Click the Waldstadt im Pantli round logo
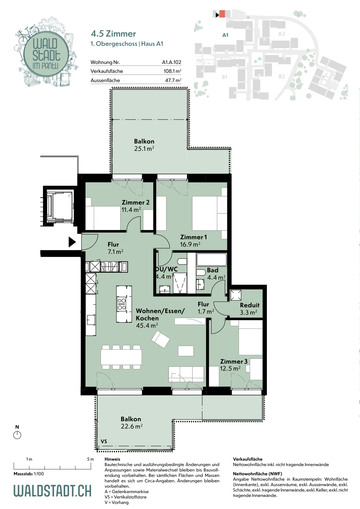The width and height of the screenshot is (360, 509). click(x=46, y=54)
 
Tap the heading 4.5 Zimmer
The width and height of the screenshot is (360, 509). click(x=113, y=34)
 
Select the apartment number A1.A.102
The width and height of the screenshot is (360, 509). click(x=171, y=62)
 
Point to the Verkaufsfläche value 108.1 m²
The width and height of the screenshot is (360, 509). click(x=172, y=71)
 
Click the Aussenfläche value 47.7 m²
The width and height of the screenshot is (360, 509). click(x=173, y=80)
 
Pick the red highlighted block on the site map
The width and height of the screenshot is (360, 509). click(x=222, y=14)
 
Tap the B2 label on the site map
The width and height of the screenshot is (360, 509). click(x=282, y=76)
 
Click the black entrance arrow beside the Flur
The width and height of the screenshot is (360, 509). click(x=72, y=242)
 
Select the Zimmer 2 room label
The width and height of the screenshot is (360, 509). click(x=135, y=202)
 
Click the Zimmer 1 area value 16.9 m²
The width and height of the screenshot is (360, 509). click(x=190, y=244)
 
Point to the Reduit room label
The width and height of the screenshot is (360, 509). click(x=250, y=305)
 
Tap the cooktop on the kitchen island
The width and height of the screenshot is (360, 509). click(x=121, y=304)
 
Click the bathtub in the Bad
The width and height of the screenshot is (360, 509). click(x=211, y=259)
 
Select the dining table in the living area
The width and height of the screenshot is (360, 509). click(x=121, y=357)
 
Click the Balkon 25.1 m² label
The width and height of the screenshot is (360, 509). click(x=144, y=145)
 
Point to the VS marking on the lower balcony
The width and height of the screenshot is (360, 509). click(x=104, y=441)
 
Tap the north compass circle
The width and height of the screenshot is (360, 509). click(x=17, y=435)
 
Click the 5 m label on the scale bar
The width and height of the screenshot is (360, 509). click(x=90, y=459)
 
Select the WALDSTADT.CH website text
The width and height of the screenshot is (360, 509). click(x=52, y=491)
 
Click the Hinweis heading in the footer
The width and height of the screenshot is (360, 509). click(x=113, y=459)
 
